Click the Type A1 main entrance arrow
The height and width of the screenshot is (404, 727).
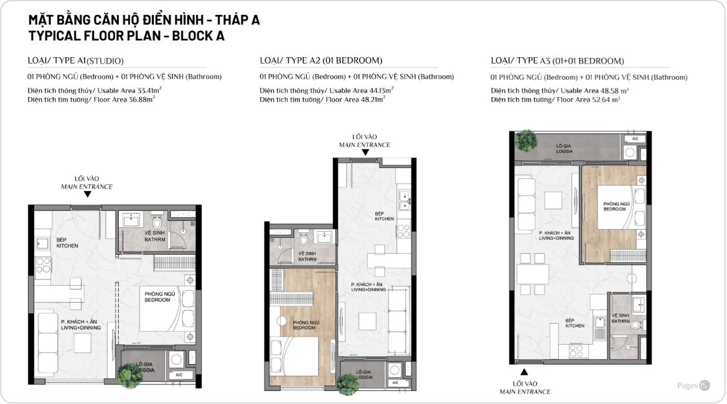pos(87,194)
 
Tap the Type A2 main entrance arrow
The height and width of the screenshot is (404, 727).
pos(365,152)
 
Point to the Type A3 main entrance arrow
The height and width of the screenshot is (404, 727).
pos(524,372)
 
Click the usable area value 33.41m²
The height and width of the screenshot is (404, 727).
pos(149,90)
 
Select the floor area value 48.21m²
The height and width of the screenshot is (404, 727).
pos(373,99)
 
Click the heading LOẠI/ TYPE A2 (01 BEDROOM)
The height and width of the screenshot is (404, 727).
pos(321,60)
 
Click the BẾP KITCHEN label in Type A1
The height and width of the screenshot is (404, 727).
pos(67,243)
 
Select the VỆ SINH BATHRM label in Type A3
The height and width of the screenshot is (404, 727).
pos(621,318)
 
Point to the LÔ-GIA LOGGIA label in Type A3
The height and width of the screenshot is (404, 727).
pos(565,148)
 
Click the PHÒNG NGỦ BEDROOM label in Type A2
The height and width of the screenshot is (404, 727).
pos(306,325)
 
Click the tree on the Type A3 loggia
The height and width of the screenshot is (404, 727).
pos(526,140)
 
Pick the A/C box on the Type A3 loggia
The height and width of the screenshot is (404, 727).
pos(635,139)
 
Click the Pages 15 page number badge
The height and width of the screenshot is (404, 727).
pos(693,385)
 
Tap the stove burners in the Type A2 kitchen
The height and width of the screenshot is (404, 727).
pos(403,230)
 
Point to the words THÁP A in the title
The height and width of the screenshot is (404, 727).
pos(237,20)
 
